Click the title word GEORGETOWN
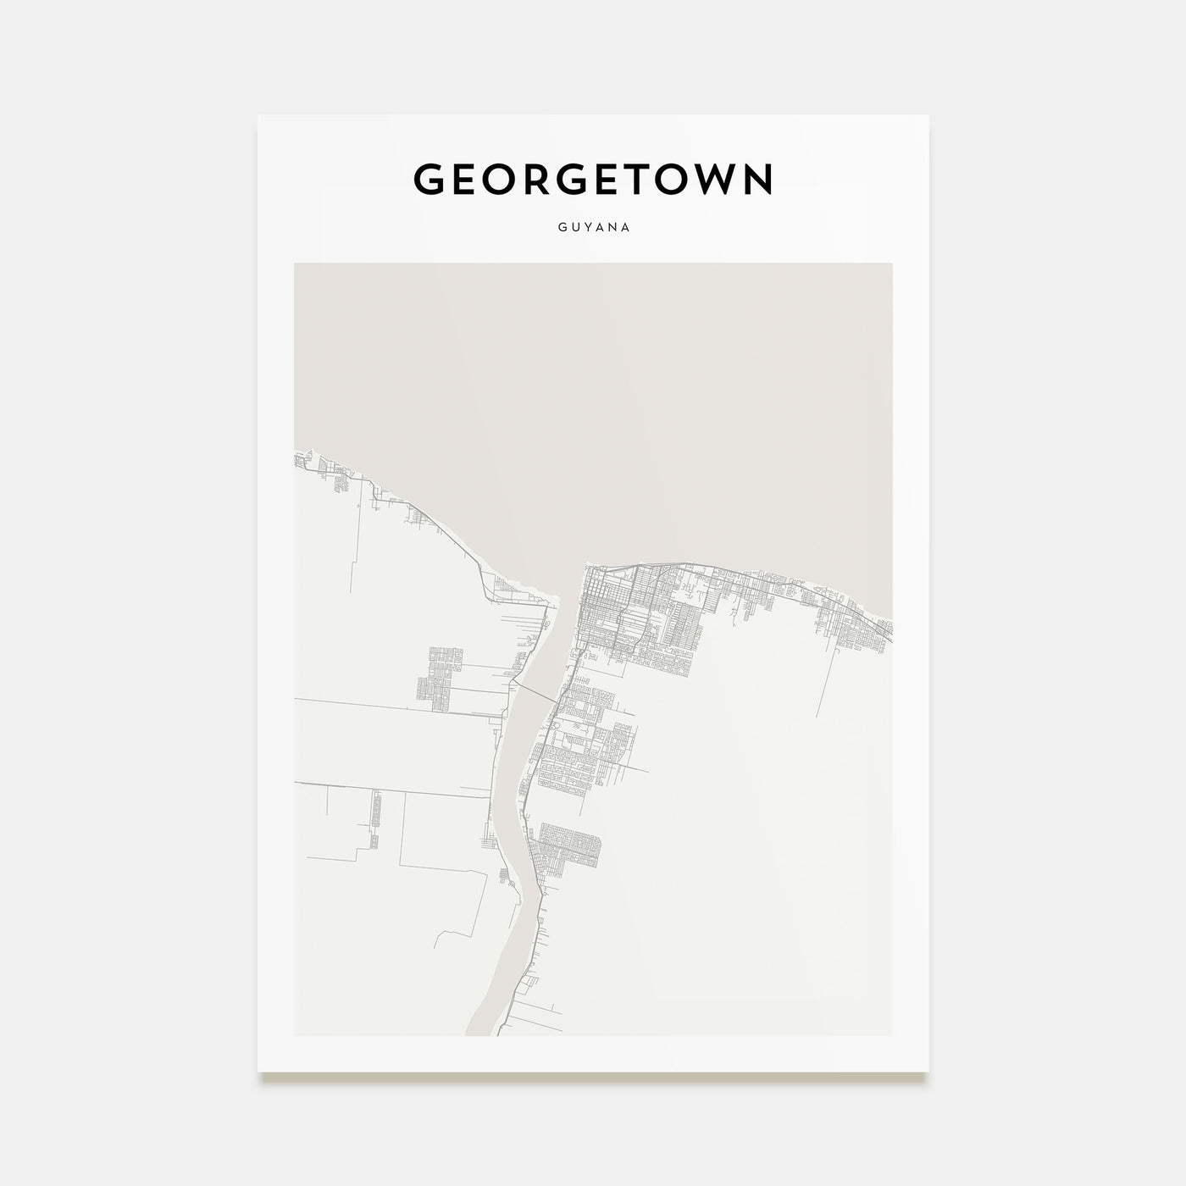593,179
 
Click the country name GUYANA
593,228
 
